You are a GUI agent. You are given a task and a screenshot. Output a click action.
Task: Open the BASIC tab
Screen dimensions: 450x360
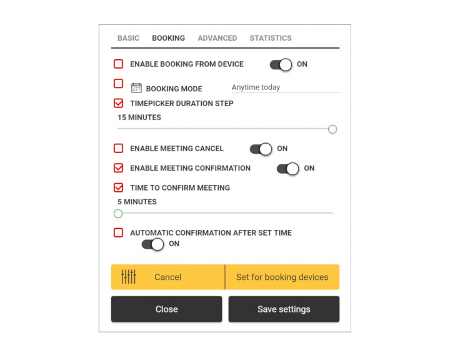(128, 38)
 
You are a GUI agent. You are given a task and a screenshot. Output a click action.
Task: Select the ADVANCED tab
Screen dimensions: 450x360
(217, 38)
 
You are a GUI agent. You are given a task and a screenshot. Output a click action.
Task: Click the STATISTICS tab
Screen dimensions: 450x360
(271, 38)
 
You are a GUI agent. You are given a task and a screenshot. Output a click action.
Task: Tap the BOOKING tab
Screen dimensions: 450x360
(169, 38)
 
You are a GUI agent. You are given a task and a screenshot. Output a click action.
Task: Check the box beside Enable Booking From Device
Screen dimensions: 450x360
(119, 64)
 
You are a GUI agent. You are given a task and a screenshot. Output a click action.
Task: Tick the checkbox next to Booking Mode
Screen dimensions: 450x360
(119, 84)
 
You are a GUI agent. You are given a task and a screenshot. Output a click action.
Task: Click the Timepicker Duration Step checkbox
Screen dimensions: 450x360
(119, 103)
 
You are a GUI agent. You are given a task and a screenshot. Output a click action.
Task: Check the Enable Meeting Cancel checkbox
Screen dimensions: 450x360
(119, 148)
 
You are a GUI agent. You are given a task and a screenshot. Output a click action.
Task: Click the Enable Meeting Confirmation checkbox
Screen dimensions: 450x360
(119, 168)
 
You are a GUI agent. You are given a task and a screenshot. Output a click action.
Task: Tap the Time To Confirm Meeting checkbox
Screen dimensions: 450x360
(119, 187)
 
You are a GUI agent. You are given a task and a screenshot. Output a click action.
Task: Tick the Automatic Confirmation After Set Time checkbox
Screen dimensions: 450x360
(119, 232)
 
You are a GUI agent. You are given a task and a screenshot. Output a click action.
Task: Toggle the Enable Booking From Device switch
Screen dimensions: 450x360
(281, 64)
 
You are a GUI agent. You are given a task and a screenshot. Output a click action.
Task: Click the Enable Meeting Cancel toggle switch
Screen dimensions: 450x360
(261, 149)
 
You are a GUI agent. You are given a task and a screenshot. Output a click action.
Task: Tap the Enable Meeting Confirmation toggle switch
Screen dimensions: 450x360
(288, 169)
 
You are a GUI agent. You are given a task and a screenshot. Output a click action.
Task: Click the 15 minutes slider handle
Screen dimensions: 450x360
(332, 129)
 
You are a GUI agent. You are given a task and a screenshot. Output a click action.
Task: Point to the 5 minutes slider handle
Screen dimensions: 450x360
(118, 214)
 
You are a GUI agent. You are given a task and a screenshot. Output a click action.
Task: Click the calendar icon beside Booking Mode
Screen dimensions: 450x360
(136, 88)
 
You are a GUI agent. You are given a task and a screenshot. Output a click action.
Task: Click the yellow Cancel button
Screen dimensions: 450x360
(168, 277)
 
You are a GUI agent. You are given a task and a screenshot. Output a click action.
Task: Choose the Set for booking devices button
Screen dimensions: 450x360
(282, 277)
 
